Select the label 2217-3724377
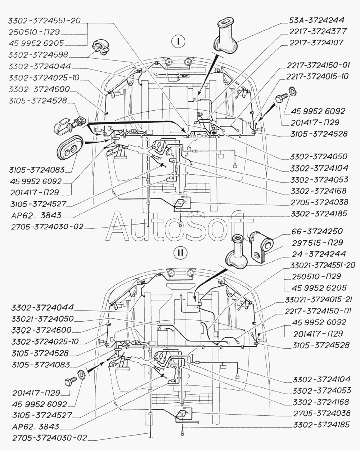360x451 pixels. tap(318, 31)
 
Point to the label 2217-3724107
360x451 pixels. tap(316, 43)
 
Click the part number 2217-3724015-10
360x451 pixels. tap(318, 76)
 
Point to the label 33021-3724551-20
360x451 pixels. tap(320, 265)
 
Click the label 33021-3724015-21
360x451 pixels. tap(318, 299)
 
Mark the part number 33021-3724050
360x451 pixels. tap(42, 319)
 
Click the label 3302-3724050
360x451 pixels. tap(319, 157)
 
